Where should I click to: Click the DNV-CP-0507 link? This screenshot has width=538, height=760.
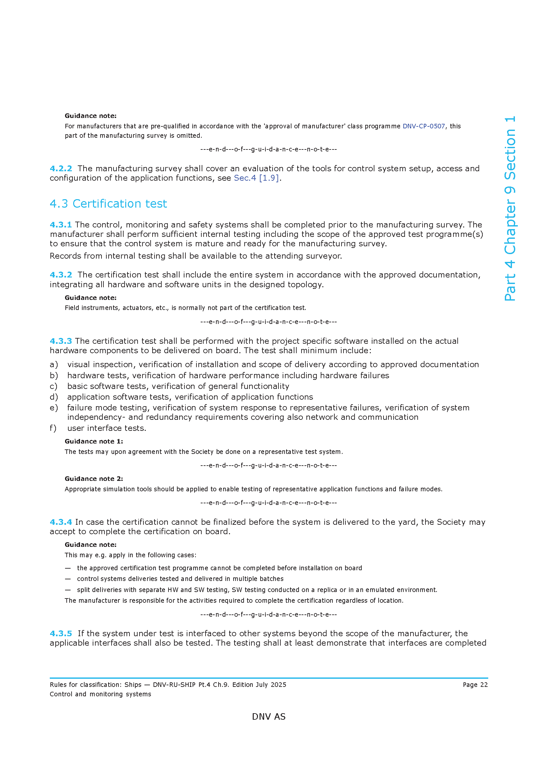(424, 126)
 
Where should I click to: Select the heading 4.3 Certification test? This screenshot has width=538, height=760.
(108, 204)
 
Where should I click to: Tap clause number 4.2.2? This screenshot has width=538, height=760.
(61, 169)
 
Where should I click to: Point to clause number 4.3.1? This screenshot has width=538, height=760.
(61, 225)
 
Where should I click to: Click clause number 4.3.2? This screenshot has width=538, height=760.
(61, 275)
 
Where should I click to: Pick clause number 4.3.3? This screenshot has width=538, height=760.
(61, 341)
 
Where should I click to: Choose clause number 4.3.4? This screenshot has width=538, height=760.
(61, 522)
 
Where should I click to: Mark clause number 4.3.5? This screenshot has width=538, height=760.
(61, 634)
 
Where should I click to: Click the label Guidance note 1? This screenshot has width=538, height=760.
(94, 441)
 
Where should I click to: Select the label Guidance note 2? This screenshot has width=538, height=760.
(94, 479)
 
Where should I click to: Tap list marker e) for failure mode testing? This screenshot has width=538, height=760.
(54, 408)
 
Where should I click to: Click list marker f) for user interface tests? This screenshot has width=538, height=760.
(53, 428)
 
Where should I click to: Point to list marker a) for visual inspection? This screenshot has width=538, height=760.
(54, 365)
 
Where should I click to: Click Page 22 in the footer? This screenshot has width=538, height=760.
(475, 685)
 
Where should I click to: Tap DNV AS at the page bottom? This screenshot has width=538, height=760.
(269, 717)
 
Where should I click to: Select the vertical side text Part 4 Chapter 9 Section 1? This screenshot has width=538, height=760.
(510, 209)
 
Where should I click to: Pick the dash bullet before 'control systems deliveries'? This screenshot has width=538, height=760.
(68, 579)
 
